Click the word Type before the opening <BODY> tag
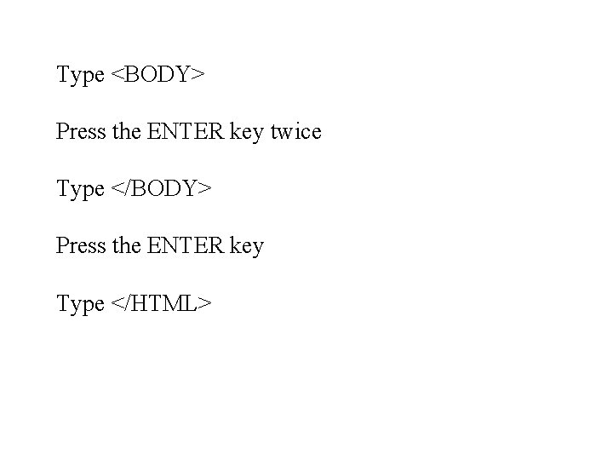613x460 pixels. pos(81,75)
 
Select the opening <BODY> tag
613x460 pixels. pos(158,74)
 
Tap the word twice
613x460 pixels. pos(296,131)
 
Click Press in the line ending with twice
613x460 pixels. pos(81,131)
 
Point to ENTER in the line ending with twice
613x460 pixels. pos(186,131)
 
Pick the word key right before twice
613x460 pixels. pos(247,132)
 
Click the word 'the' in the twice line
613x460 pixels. pos(127,131)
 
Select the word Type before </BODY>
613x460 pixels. pos(81,189)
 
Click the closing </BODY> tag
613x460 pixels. pos(161,188)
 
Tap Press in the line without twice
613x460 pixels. pos(81,245)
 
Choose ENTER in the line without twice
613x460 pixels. pos(186,245)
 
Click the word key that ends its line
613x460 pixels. pos(247,247)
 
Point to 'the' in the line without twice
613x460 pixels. pos(127,245)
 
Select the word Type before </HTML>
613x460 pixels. pos(81,304)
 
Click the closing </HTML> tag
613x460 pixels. pos(161,303)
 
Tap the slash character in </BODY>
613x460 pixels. pos(127,188)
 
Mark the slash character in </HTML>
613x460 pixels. pos(127,303)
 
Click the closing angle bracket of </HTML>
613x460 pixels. pos(204,303)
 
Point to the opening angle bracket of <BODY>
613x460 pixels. pos(117,74)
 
